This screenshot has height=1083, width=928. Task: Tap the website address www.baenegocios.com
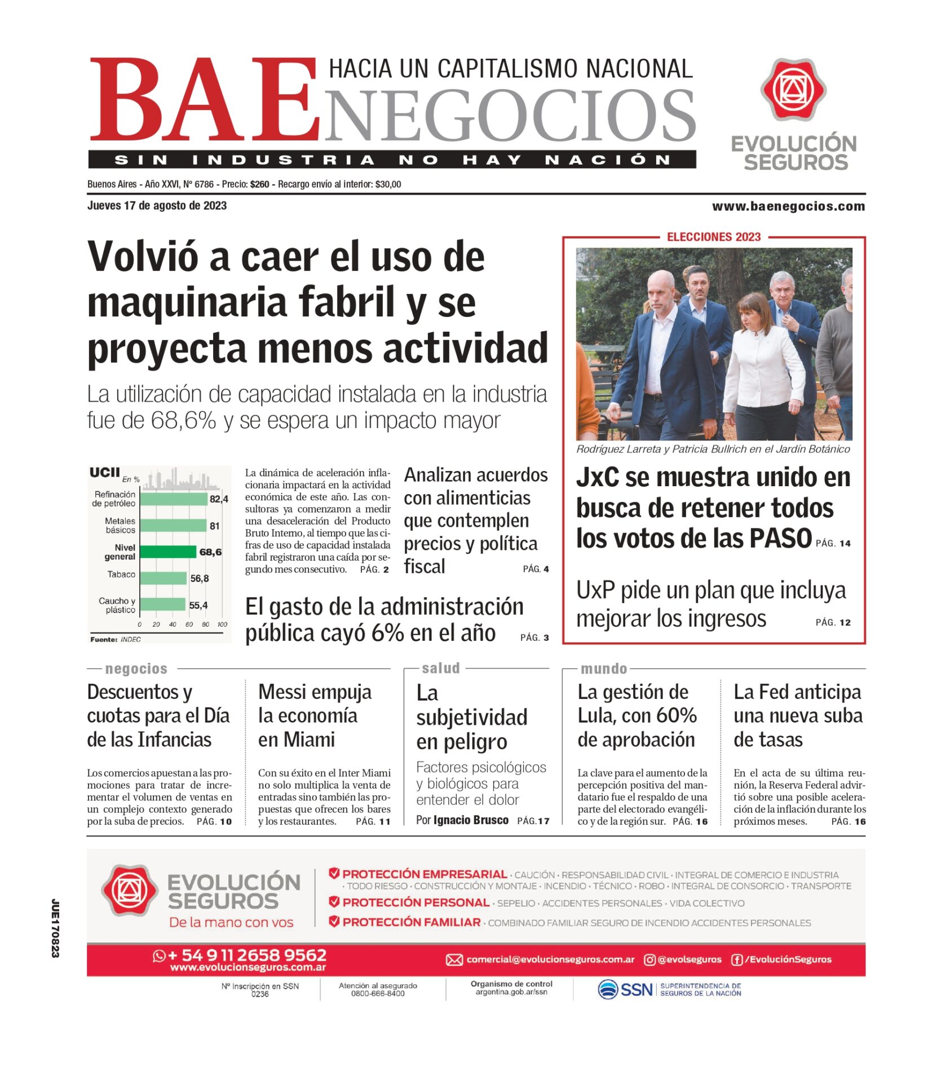point(788,206)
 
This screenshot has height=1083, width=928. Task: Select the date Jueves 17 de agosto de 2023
point(157,206)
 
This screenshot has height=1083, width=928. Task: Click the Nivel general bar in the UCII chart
point(168,552)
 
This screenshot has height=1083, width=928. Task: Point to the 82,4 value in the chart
point(219,499)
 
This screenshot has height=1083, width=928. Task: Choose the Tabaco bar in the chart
point(163,578)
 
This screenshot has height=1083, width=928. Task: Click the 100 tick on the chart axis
point(222,624)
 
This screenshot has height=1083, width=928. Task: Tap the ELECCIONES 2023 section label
point(714,237)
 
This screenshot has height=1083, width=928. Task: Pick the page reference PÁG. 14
point(833,543)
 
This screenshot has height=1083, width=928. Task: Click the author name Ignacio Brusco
point(471,820)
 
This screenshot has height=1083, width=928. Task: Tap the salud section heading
point(441,668)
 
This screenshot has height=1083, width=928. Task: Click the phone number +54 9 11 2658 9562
point(248,955)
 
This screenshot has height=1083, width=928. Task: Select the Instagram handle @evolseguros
point(689,959)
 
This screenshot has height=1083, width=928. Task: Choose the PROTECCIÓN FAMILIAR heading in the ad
point(411,922)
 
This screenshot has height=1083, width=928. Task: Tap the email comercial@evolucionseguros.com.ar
point(550,959)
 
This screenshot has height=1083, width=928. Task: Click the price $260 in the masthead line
point(260,184)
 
